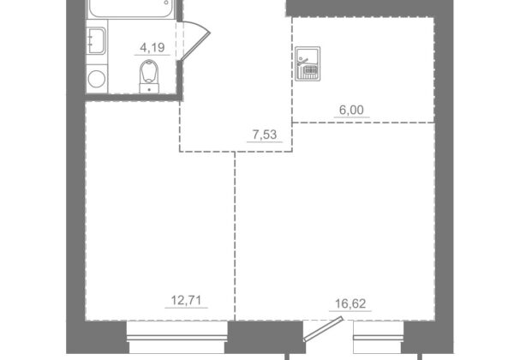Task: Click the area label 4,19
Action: coord(152,48)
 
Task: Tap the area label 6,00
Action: coord(351,111)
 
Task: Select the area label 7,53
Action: coord(265,135)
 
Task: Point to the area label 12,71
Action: coord(186,300)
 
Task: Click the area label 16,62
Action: coord(350,304)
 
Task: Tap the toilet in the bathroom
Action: coord(149,76)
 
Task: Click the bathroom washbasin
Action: coord(96,40)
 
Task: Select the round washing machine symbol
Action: coord(97,79)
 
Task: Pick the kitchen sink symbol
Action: coord(308,64)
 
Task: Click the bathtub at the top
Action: coord(130,9)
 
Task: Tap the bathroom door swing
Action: coord(195,41)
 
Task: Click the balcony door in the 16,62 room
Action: coord(323,329)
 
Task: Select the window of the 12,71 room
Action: coord(177,338)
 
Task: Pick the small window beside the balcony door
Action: coord(379,338)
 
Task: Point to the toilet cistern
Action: coord(149,88)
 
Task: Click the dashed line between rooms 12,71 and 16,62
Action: coord(235,236)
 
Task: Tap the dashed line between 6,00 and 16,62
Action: coord(363,123)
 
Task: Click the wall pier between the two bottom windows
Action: coord(266,337)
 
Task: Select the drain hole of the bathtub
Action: coord(166,3)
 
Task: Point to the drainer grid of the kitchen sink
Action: coord(310,70)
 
